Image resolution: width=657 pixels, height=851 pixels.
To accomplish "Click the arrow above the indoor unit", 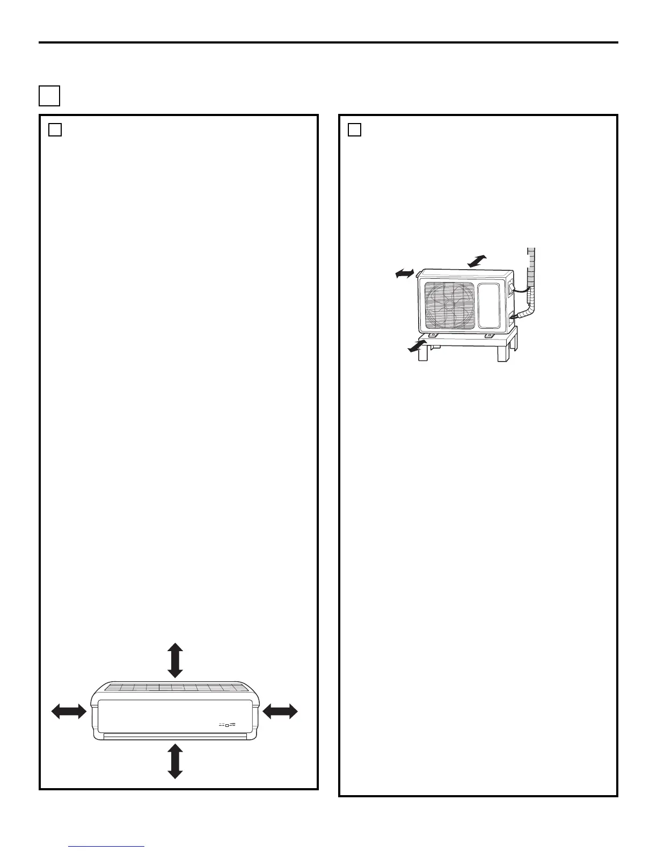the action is click(175, 661).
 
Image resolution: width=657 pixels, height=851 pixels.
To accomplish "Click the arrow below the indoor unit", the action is click(175, 761).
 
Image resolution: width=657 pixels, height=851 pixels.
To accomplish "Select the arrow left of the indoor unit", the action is click(69, 711).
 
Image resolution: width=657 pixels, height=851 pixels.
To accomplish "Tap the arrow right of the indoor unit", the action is click(280, 711).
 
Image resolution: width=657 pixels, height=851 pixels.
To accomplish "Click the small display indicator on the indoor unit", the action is click(228, 725).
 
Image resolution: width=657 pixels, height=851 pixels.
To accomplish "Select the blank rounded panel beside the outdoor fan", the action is click(492, 305).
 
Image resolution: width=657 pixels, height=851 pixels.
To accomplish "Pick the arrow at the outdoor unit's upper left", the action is click(405, 274).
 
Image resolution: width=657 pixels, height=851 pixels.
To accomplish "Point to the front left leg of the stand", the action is click(424, 355).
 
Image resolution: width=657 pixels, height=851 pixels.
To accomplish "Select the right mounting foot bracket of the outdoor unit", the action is click(488, 336).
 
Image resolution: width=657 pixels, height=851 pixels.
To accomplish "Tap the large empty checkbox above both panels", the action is click(49, 96).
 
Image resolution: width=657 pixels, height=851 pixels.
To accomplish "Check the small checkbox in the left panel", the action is click(55, 130).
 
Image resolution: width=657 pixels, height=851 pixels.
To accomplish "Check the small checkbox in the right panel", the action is click(354, 130).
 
